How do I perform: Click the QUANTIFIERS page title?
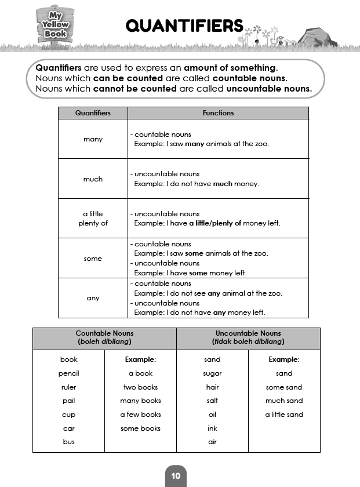point(184,26)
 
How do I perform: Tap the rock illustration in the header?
point(317,37)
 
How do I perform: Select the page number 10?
point(176,476)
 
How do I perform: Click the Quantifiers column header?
point(93,113)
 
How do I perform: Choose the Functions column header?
point(218,113)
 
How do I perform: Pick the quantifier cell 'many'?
point(93,139)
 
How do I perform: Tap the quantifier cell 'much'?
point(93,179)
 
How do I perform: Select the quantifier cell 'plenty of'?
point(93,223)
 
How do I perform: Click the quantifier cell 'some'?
point(93,259)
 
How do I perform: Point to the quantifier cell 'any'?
point(93,298)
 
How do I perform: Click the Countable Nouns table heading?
point(104,338)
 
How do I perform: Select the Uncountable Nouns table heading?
point(248,338)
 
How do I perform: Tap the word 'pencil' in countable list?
point(68,373)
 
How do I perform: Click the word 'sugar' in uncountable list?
point(212,373)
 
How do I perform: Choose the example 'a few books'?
point(140,415)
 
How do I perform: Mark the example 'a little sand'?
point(284,415)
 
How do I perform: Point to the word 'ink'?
point(212,428)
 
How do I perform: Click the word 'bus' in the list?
point(68,442)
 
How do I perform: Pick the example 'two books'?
point(140,387)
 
